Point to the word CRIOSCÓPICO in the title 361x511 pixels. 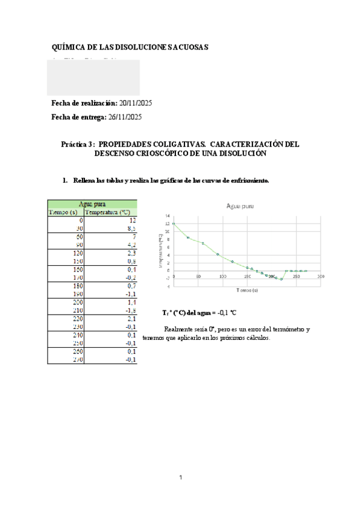[156, 154]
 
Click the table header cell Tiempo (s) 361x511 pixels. [63, 212]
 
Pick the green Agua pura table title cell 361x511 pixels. [92, 204]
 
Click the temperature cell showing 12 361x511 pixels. [133, 221]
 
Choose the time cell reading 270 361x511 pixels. [78, 360]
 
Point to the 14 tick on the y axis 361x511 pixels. [168, 216]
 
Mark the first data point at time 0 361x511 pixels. [174, 224]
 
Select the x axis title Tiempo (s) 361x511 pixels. [246, 290]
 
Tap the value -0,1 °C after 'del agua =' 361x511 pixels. [222, 313]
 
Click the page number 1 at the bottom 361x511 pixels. [180, 478]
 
